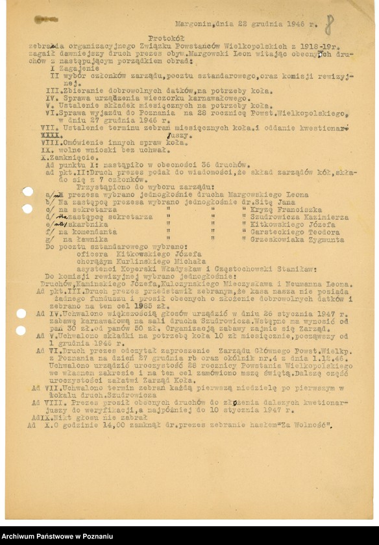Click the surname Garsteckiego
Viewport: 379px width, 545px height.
tap(271, 232)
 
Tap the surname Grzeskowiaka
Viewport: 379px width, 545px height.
tap(275, 239)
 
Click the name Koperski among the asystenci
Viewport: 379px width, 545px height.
tap(135, 268)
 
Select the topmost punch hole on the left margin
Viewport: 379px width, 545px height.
tap(27, 191)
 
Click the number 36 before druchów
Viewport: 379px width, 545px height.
tap(187, 165)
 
